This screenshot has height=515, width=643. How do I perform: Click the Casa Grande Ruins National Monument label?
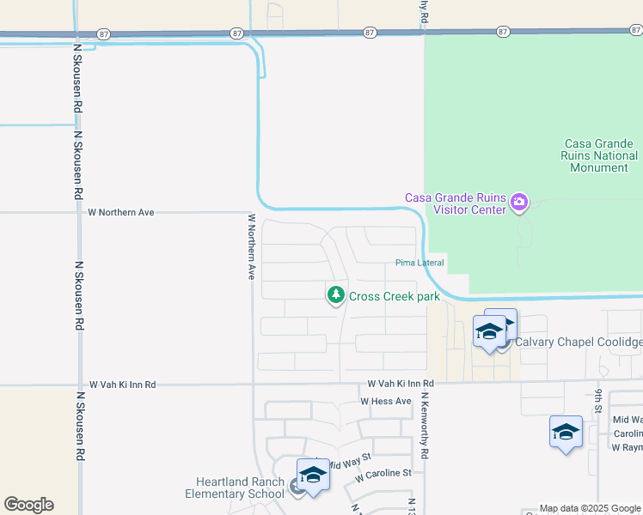pyautogui.click(x=599, y=155)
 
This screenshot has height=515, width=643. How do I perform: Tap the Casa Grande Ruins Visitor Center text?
pyautogui.click(x=455, y=203)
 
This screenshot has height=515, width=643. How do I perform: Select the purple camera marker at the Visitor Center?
pyautogui.click(x=518, y=203)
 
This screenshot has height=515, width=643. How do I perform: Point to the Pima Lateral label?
pyautogui.click(x=419, y=263)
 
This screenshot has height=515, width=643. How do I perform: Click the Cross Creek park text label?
pyautogui.click(x=394, y=297)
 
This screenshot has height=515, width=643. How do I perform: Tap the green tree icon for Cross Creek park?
pyautogui.click(x=336, y=296)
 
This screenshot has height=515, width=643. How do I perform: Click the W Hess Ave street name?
pyautogui.click(x=386, y=401)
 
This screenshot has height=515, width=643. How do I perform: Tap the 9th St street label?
pyautogui.click(x=597, y=401)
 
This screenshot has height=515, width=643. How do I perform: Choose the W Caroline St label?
pyautogui.click(x=383, y=473)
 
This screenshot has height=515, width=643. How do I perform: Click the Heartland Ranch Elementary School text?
pyautogui.click(x=234, y=488)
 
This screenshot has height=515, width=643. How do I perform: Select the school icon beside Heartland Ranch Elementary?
pyautogui.click(x=313, y=476)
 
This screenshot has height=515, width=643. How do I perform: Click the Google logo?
pyautogui.click(x=28, y=505)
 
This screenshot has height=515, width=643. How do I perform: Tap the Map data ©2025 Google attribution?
pyautogui.click(x=590, y=508)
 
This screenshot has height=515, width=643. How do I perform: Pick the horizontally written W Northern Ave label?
pyautogui.click(x=120, y=212)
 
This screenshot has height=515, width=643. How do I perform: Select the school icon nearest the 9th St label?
pyautogui.click(x=566, y=433)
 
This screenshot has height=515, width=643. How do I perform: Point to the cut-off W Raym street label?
pyautogui.click(x=627, y=448)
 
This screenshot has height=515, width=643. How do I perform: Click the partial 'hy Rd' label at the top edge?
pyautogui.click(x=424, y=11)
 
